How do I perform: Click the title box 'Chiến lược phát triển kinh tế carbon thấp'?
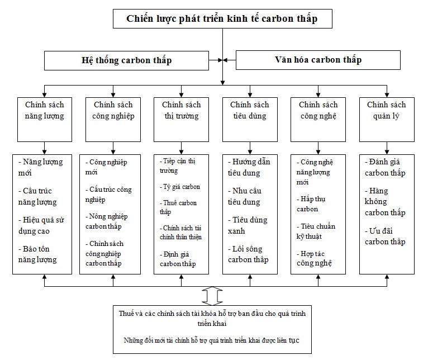pos(222,18)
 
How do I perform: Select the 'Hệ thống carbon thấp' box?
pos(126,60)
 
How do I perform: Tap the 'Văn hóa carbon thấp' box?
pos(318,60)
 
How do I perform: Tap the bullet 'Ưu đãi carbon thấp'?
pos(386,236)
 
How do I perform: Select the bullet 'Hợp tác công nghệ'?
pos(315,258)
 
